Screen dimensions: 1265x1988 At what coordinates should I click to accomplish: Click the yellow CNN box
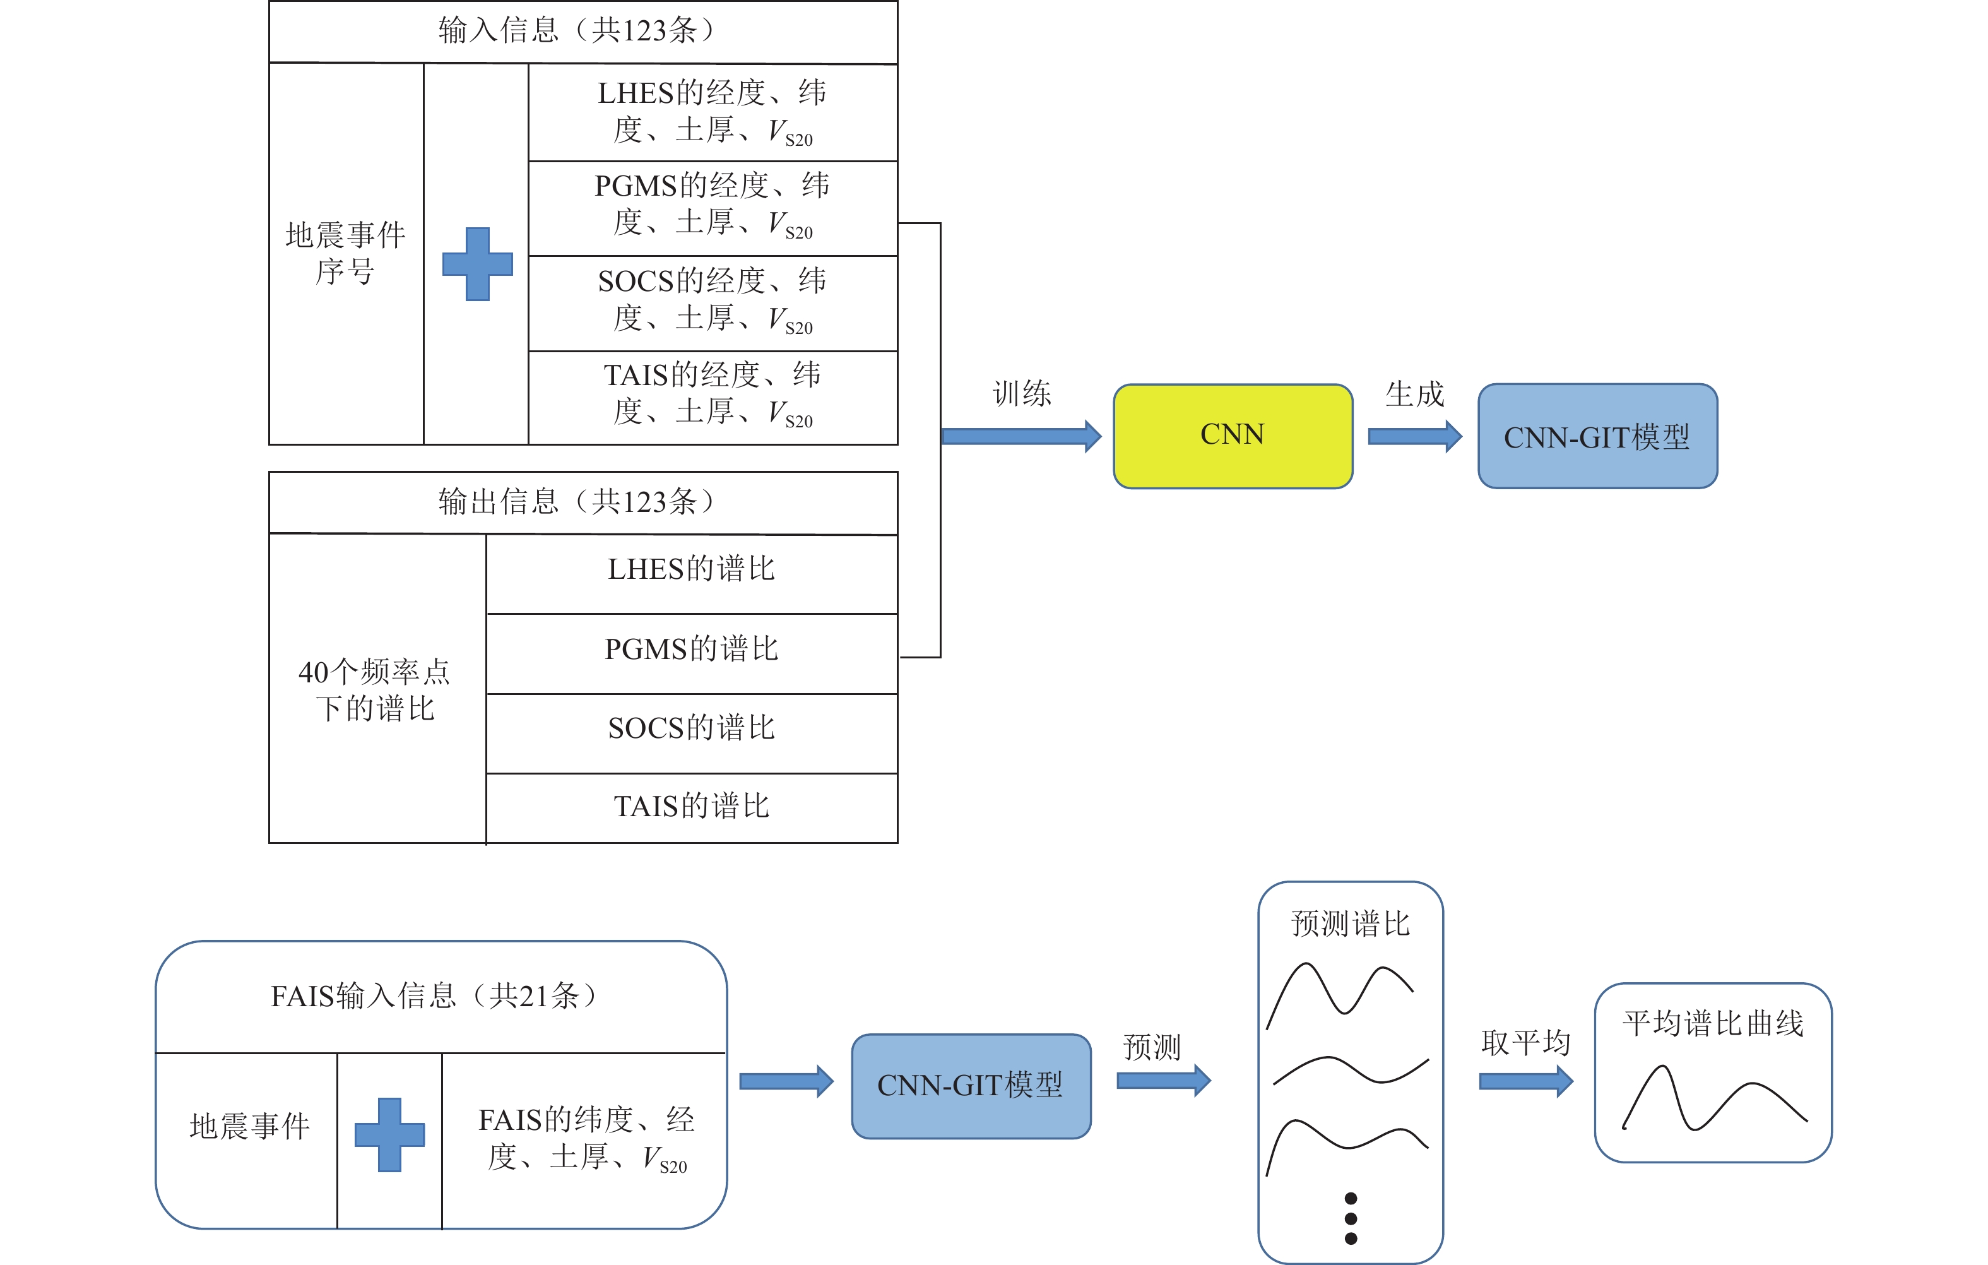(1233, 435)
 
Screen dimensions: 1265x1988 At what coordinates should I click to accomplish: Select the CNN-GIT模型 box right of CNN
(1597, 436)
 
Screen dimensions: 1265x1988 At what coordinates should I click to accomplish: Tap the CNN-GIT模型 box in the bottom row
(971, 1085)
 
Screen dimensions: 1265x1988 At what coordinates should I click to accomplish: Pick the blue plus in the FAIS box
(389, 1134)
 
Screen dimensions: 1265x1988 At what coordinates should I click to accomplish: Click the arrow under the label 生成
(1414, 436)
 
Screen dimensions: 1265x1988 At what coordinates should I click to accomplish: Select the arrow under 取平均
(1525, 1081)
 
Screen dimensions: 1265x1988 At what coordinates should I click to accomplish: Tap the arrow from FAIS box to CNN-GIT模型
(786, 1081)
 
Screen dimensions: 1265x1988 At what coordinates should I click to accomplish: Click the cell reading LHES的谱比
(692, 570)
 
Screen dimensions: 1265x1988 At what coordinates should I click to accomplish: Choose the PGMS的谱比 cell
(692, 650)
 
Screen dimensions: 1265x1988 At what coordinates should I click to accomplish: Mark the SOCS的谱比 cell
(692, 728)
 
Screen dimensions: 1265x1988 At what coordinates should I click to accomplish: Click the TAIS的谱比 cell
(692, 807)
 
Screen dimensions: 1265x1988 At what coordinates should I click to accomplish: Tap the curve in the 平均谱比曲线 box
(1713, 1099)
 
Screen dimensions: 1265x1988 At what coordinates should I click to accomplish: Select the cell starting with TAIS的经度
(713, 394)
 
